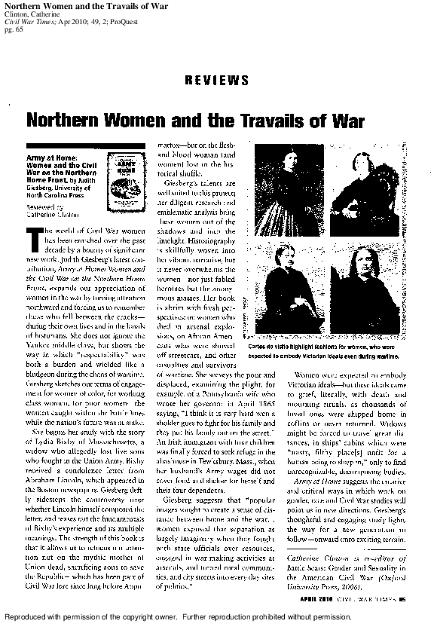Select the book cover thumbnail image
[x=121, y=175]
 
